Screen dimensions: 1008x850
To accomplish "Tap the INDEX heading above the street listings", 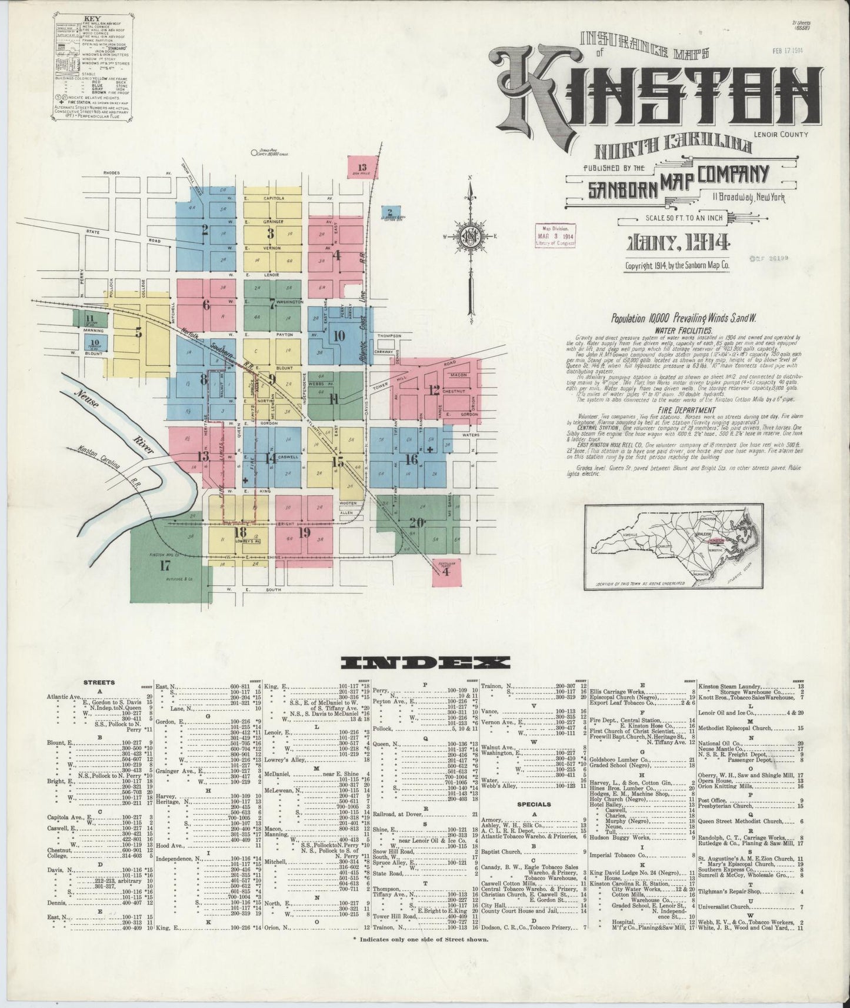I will [x=425, y=662].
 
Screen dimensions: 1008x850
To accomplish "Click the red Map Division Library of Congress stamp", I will [x=555, y=238].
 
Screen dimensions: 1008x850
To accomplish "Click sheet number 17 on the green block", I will [x=165, y=566].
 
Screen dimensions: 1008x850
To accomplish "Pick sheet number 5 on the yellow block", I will [x=138, y=332].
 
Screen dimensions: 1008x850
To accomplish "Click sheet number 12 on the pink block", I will [x=434, y=389].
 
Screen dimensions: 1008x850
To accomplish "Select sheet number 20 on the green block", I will [x=417, y=523].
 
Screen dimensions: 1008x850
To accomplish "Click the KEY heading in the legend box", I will [x=89, y=35].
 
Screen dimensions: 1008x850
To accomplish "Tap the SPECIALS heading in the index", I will [x=534, y=804].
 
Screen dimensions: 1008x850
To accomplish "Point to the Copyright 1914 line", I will [x=677, y=265].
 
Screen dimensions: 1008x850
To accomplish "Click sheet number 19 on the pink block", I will [x=304, y=533].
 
